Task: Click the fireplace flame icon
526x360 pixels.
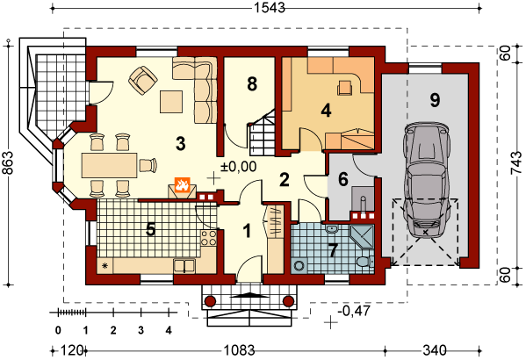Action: pyautogui.click(x=182, y=184)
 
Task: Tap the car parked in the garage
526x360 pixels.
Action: pyautogui.click(x=426, y=180)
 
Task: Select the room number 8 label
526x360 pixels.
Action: pyautogui.click(x=252, y=84)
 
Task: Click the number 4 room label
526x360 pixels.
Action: pyautogui.click(x=326, y=111)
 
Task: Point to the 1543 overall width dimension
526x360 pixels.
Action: pyautogui.click(x=269, y=7)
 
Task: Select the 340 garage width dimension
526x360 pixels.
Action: pyautogui.click(x=435, y=351)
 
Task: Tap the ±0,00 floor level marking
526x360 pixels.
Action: pyautogui.click(x=239, y=166)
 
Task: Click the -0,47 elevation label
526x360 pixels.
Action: pyautogui.click(x=355, y=311)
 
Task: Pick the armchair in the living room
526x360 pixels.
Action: pyautogui.click(x=143, y=81)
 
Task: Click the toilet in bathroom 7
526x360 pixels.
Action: pyautogui.click(x=365, y=262)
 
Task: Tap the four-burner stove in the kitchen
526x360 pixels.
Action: pyautogui.click(x=209, y=238)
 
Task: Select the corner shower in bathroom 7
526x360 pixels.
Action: pyautogui.click(x=362, y=236)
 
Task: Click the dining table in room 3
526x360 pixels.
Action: pyautogui.click(x=110, y=165)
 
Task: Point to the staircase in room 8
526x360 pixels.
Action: pyautogui.click(x=263, y=133)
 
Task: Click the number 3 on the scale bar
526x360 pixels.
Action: pyautogui.click(x=141, y=330)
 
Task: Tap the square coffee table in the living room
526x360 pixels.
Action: pyautogui.click(x=171, y=102)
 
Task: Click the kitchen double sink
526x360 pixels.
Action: pyautogui.click(x=184, y=266)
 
